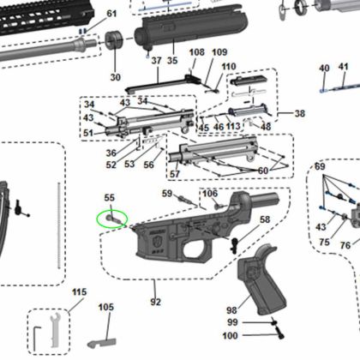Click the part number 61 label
click(111, 15)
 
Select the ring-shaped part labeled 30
click(115, 43)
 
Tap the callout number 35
click(171, 61)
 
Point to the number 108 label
click(196, 53)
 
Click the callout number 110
click(228, 67)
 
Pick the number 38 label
click(299, 113)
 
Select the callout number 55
click(109, 198)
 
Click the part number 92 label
click(155, 302)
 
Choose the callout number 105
click(105, 307)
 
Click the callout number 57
click(174, 174)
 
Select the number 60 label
click(262, 171)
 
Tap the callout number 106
click(209, 193)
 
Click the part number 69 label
click(320, 165)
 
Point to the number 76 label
click(345, 245)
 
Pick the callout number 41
click(343, 67)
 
